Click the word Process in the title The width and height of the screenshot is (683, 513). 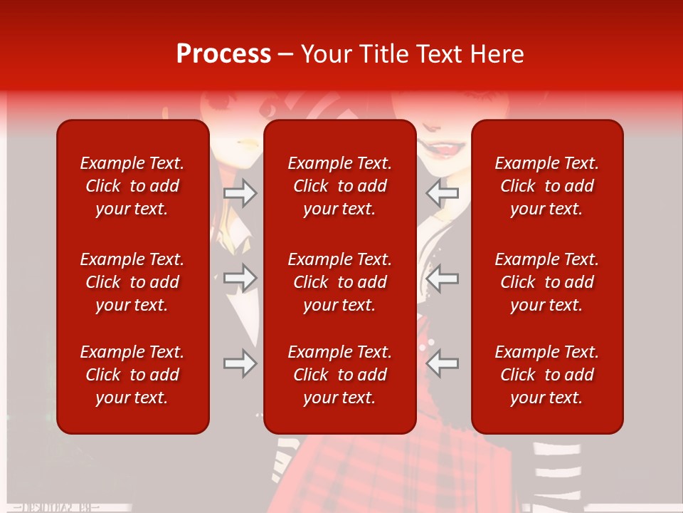click(223, 54)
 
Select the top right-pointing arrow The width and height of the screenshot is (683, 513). click(240, 193)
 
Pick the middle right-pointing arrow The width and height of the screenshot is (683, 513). click(240, 278)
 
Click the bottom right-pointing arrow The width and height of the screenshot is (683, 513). click(240, 363)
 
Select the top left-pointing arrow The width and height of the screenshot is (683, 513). click(443, 193)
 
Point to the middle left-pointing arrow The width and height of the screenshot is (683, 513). click(443, 278)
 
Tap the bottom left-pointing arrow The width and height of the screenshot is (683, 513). click(443, 363)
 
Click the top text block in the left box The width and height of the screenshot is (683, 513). click(132, 186)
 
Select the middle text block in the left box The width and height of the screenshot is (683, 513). click(132, 282)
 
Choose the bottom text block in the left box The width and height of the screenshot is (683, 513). click(132, 375)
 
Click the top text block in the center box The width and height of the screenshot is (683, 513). click(339, 186)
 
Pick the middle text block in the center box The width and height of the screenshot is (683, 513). click(339, 282)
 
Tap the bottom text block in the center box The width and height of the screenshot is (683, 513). click(339, 375)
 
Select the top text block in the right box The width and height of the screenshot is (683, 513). click(546, 186)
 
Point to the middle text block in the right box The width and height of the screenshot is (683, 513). click(546, 282)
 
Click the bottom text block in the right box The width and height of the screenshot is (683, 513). click(546, 375)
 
